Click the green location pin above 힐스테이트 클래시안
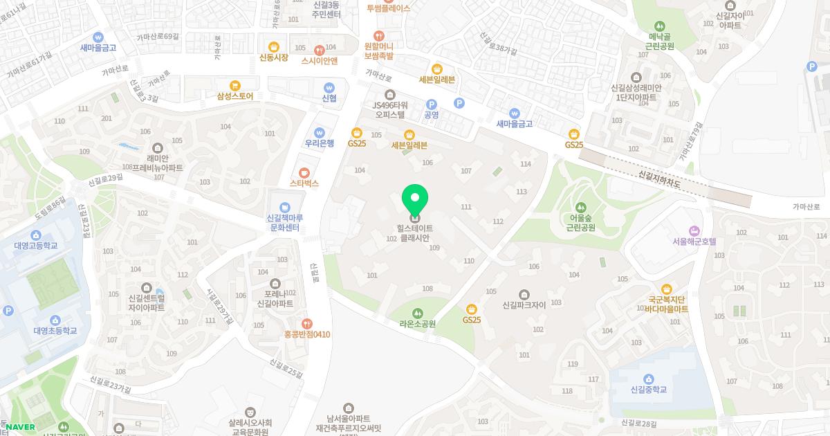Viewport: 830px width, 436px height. coord(415,199)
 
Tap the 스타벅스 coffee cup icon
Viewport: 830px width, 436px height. coord(304,172)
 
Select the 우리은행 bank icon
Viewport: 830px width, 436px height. coord(320,132)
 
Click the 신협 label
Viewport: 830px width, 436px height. coord(329,98)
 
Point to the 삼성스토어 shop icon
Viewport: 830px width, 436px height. coord(235,85)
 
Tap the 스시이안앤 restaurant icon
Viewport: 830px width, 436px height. coord(319,49)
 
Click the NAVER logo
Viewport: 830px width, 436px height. coord(20,427)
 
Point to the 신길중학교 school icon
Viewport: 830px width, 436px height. coord(649,379)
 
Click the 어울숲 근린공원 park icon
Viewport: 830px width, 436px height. coord(581,206)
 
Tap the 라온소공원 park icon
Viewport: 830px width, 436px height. coord(417,313)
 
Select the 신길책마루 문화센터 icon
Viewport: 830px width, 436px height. coord(284,207)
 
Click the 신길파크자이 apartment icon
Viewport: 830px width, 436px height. coord(524,294)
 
